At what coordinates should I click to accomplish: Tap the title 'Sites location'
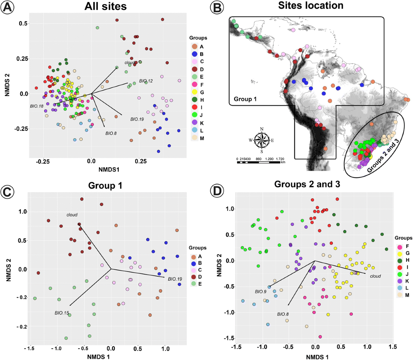pyautogui.click(x=310, y=6)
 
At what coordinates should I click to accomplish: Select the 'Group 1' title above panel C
pyautogui.click(x=105, y=185)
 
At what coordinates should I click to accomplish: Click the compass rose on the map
pyautogui.click(x=262, y=140)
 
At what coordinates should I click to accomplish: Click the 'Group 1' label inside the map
pyautogui.click(x=245, y=99)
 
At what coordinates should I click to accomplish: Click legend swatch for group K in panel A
pyautogui.click(x=194, y=123)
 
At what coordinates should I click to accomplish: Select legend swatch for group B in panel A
pyautogui.click(x=194, y=54)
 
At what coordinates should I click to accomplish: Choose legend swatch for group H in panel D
pyautogui.click(x=400, y=260)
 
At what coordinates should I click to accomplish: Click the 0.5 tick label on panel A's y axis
pyautogui.click(x=23, y=23)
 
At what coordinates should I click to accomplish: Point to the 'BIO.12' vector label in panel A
pyautogui.click(x=146, y=81)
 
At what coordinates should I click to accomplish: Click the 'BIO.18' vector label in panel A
pyautogui.click(x=36, y=106)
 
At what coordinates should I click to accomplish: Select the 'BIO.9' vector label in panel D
pyautogui.click(x=261, y=291)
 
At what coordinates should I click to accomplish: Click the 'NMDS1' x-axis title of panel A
pyautogui.click(x=108, y=169)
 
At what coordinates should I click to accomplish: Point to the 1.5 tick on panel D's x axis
pyautogui.click(x=392, y=347)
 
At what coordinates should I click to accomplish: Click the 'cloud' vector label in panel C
pyautogui.click(x=72, y=215)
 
